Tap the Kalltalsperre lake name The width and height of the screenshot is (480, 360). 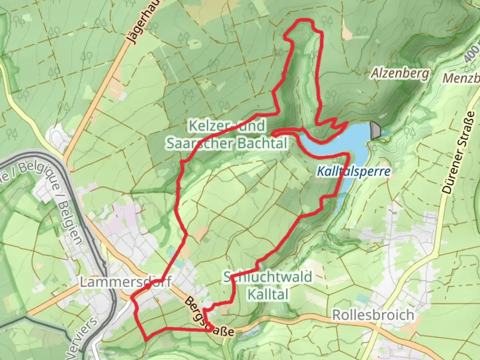pos(353,171)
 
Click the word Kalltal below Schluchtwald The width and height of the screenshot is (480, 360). pos(268,294)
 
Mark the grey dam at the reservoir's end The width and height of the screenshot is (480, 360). pos(375,130)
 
